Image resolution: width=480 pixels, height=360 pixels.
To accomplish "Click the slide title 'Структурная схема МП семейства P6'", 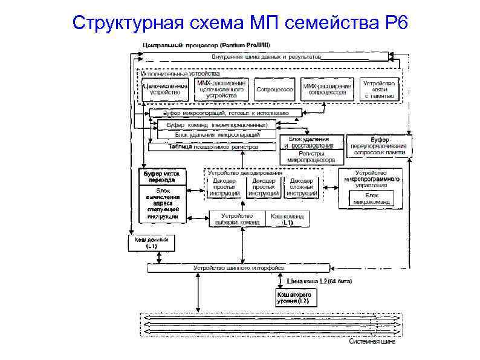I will [x=240, y=24].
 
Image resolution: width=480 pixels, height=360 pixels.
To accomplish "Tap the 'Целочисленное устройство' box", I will [x=165, y=90].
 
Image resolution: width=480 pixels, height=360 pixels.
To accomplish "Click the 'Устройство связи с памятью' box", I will [x=379, y=90].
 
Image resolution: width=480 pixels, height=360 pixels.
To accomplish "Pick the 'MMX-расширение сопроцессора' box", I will [x=327, y=90].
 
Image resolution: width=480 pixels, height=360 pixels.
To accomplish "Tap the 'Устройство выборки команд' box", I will [x=238, y=219].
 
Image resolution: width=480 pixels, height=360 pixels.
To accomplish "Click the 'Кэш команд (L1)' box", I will [x=288, y=219].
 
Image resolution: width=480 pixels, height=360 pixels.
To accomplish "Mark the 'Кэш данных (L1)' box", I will [x=151, y=243].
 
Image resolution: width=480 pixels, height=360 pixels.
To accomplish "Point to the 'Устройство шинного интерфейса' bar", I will [x=238, y=267].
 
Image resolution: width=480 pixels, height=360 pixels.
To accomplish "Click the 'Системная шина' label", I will [x=373, y=342].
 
